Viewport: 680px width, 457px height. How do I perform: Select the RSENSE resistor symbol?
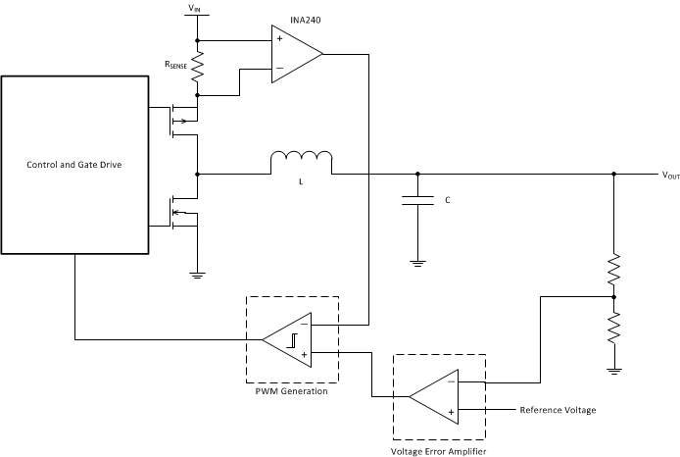198,67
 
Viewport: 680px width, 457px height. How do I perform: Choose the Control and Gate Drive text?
74,164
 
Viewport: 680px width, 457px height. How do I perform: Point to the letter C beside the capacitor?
448,200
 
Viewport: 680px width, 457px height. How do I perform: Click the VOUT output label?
670,176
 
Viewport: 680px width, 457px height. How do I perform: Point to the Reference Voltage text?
558,410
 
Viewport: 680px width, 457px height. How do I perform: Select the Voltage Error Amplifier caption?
439,450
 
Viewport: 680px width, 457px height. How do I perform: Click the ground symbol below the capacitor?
418,262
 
